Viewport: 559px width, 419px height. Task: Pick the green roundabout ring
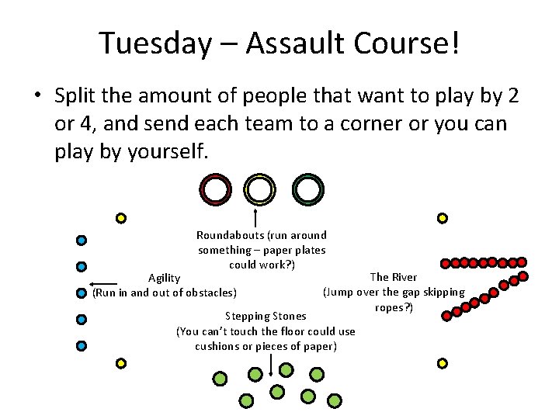308,189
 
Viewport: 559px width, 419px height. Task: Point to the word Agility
165,278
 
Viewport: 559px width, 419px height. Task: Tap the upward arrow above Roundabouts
255,216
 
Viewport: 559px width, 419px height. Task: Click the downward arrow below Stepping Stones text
270,365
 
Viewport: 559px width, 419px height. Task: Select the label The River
394,277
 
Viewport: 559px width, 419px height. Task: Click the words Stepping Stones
266,316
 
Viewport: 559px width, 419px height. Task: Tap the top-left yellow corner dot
121,219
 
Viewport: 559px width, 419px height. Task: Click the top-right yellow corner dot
442,219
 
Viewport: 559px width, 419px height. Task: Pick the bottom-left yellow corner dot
121,362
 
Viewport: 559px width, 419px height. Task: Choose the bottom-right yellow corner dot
442,362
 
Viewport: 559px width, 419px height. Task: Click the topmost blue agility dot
81,241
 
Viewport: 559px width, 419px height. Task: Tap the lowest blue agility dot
81,346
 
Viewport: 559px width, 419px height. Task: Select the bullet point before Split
36,96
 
